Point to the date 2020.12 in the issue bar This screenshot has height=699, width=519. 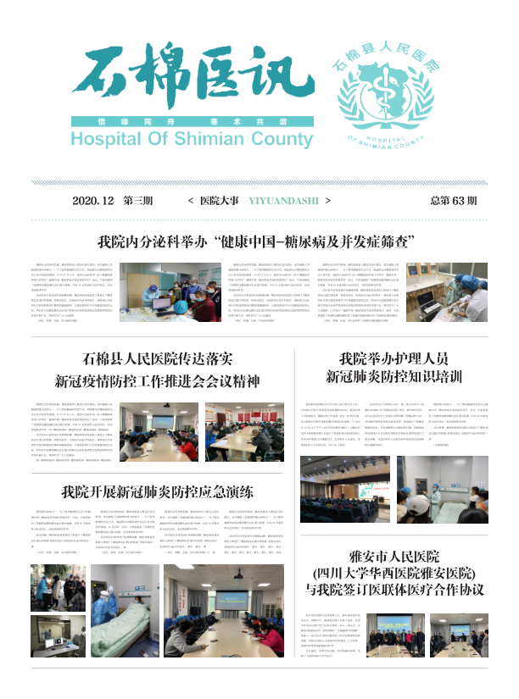[93, 202]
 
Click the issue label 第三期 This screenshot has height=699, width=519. [138, 202]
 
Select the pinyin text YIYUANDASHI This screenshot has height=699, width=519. [278, 202]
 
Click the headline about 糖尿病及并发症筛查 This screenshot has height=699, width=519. [267, 241]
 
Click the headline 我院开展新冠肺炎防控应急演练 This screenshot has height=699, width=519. [159, 491]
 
